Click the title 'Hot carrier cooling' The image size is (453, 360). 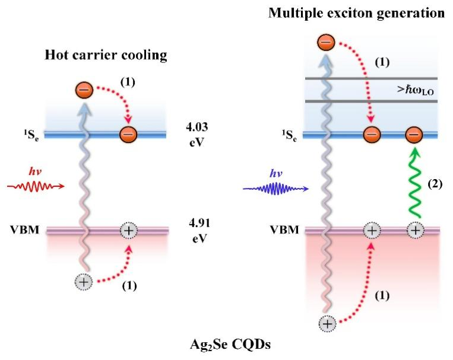coord(105,56)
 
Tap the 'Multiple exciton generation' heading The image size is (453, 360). coord(357,12)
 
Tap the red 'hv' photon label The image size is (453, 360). coord(36,173)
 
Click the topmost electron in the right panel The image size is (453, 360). coord(326,42)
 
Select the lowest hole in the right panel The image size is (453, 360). coord(327,323)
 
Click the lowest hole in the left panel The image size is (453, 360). coord(84,281)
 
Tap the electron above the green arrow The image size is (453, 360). coord(414,136)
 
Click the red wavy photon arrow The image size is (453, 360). coord(35,187)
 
